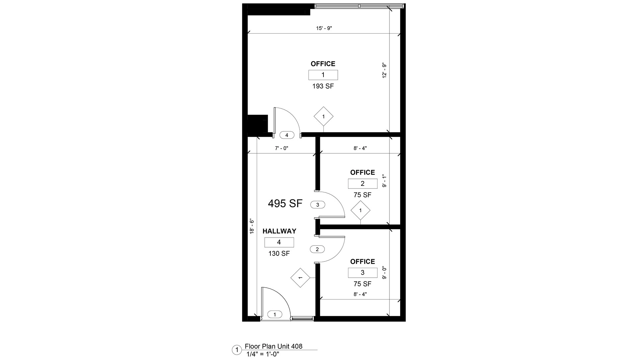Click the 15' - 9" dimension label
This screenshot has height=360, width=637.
pyautogui.click(x=324, y=29)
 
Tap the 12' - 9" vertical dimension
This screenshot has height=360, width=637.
pyautogui.click(x=385, y=70)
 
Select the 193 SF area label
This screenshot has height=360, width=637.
pyautogui.click(x=323, y=86)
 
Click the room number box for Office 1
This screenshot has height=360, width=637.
pyautogui.click(x=323, y=75)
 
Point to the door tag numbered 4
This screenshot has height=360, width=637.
pyautogui.click(x=287, y=135)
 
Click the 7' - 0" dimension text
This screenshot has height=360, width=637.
pyautogui.click(x=281, y=148)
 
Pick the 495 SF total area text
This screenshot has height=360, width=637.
pyautogui.click(x=285, y=203)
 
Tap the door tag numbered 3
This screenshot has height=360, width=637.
pyautogui.click(x=318, y=205)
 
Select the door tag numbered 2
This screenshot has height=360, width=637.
pyautogui.click(x=317, y=249)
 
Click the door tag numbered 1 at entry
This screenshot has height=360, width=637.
pyautogui.click(x=275, y=314)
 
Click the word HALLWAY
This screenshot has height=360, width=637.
pyautogui.click(x=279, y=231)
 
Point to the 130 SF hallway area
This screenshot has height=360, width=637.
pyautogui.click(x=279, y=254)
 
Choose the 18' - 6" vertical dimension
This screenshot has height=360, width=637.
pyautogui.click(x=252, y=227)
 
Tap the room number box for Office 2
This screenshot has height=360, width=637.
pyautogui.click(x=363, y=183)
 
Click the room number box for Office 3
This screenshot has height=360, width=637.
pyautogui.click(x=363, y=272)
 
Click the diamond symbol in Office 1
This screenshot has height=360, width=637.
pyautogui.click(x=323, y=116)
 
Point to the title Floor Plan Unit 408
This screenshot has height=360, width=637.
pyautogui.click(x=274, y=346)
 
